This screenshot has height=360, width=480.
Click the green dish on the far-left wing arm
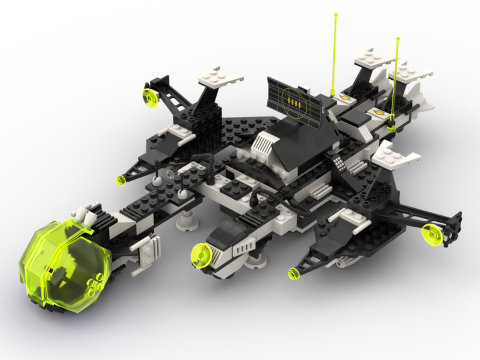(x=150, y=98)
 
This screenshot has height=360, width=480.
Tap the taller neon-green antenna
(x=335, y=53)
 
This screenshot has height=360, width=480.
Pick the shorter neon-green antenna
(x=395, y=82)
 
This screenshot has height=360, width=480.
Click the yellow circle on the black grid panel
(x=294, y=102)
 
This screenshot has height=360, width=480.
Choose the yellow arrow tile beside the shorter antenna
(x=379, y=113)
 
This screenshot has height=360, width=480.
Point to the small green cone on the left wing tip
(x=121, y=180)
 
